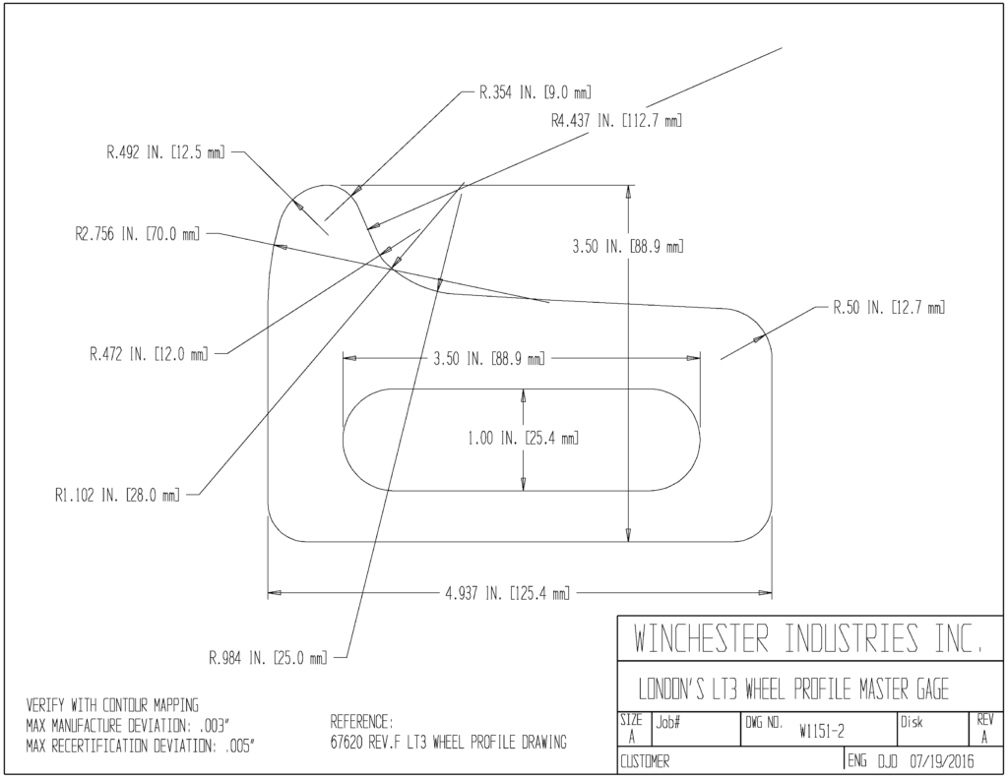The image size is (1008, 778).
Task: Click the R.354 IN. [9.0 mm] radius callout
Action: coord(535,92)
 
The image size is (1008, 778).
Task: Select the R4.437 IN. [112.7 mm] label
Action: coord(616,121)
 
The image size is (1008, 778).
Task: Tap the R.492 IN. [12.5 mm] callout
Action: coord(165,153)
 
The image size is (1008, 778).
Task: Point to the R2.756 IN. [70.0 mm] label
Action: coord(137,234)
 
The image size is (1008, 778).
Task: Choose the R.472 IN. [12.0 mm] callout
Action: coord(149,354)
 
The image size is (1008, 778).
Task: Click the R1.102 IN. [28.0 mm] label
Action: coord(118,496)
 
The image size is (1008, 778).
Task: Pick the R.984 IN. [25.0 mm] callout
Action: coord(268,658)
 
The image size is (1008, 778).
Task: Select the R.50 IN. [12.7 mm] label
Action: coord(889,308)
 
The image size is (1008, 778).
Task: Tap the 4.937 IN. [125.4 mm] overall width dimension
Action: coord(507,594)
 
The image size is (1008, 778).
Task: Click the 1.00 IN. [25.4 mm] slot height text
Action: coord(523,439)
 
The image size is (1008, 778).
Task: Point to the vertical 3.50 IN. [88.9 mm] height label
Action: coord(628,247)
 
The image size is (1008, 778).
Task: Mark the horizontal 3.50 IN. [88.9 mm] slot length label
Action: coord(488,358)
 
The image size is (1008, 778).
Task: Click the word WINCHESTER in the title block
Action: coord(701,638)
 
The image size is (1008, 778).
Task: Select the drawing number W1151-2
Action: coord(822,732)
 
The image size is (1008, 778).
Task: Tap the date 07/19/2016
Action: coord(942,762)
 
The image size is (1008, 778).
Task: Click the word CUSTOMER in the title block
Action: coord(645,762)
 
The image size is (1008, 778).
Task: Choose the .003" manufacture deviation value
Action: coord(214,727)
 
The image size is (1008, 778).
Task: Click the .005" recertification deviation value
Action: coord(240,747)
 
